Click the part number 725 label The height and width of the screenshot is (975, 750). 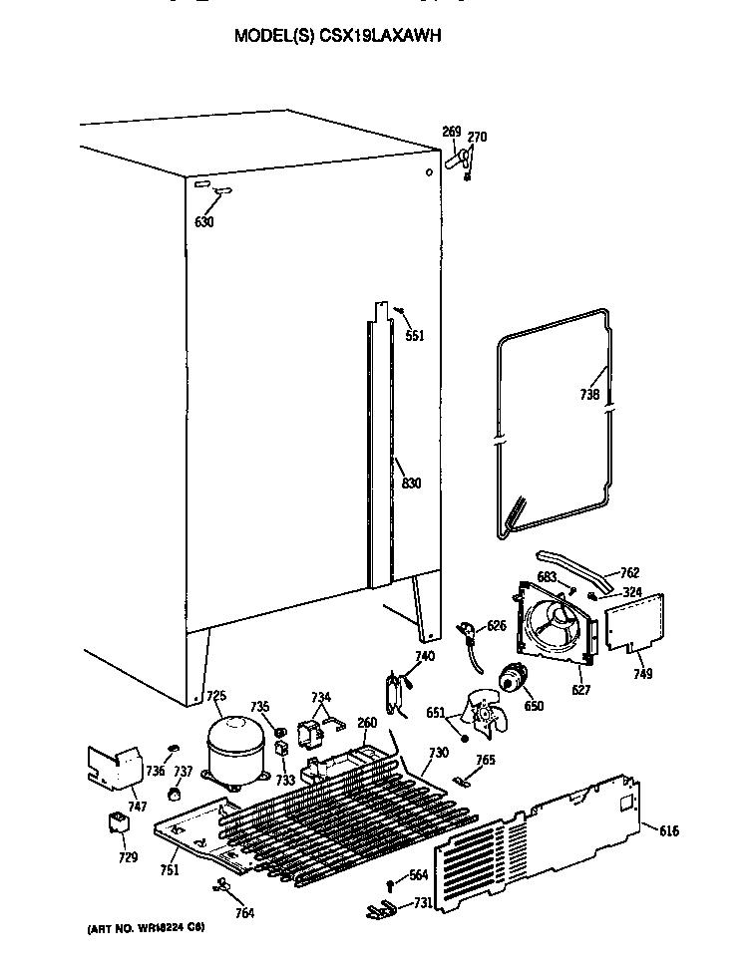[x=215, y=696]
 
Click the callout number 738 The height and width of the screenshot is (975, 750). [x=589, y=395]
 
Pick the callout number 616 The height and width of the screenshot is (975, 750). [x=668, y=830]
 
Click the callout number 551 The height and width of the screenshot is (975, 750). [x=414, y=336]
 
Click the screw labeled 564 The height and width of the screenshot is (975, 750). [x=391, y=880]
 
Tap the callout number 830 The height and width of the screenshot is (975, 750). [x=411, y=484]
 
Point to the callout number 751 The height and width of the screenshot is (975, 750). [x=170, y=869]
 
